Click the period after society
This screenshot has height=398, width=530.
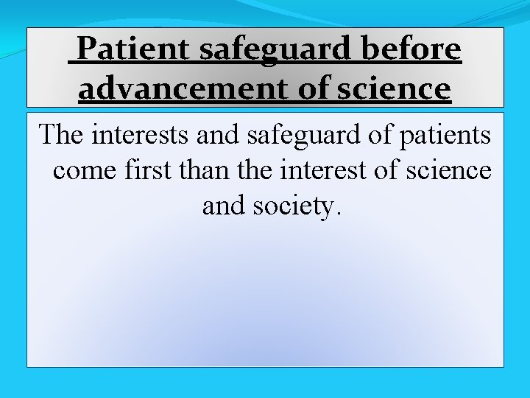(338, 214)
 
